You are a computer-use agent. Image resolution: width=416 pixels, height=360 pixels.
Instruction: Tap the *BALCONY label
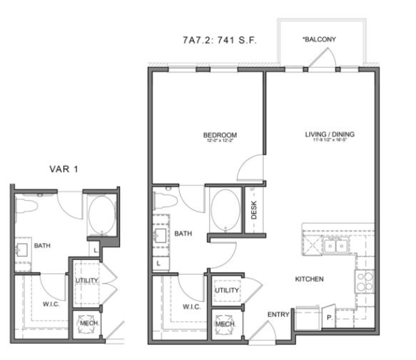[318, 39]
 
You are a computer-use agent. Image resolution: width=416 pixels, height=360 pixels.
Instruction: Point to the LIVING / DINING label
[330, 134]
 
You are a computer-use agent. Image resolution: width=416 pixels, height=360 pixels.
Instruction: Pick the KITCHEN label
[309, 279]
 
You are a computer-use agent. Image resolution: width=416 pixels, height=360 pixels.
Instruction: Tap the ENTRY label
[278, 315]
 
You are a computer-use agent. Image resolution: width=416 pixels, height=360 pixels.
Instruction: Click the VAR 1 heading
[63, 169]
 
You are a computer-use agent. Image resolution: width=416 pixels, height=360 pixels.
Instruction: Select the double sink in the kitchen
[335, 246]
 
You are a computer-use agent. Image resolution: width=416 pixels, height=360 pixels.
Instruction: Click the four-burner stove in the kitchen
[364, 280]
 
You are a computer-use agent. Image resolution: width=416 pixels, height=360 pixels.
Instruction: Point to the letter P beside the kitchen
[329, 317]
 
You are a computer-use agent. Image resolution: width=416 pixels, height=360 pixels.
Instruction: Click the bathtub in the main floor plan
[223, 210]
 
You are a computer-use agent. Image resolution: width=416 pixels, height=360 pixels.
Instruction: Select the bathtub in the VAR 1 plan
[100, 216]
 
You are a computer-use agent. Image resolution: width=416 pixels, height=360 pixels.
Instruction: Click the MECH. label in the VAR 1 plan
[89, 323]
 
